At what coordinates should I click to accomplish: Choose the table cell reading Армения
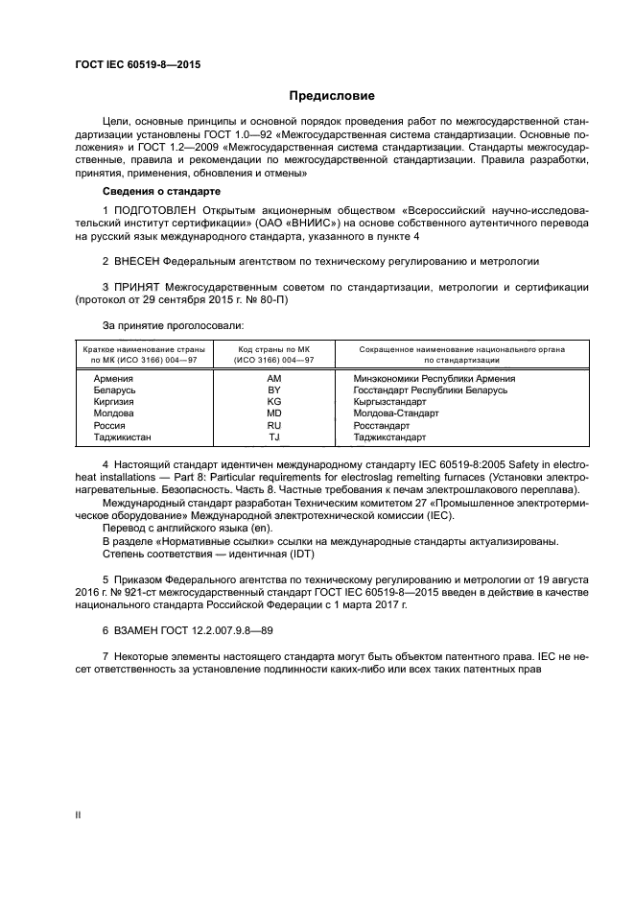(113, 379)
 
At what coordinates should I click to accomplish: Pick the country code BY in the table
(272, 390)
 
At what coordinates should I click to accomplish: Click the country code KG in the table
(272, 402)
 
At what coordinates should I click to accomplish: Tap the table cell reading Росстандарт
(382, 425)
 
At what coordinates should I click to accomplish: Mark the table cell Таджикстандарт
(389, 437)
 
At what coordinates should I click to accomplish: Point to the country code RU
(272, 425)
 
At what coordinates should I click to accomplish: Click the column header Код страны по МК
(272, 350)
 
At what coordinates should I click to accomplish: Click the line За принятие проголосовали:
(159, 324)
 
